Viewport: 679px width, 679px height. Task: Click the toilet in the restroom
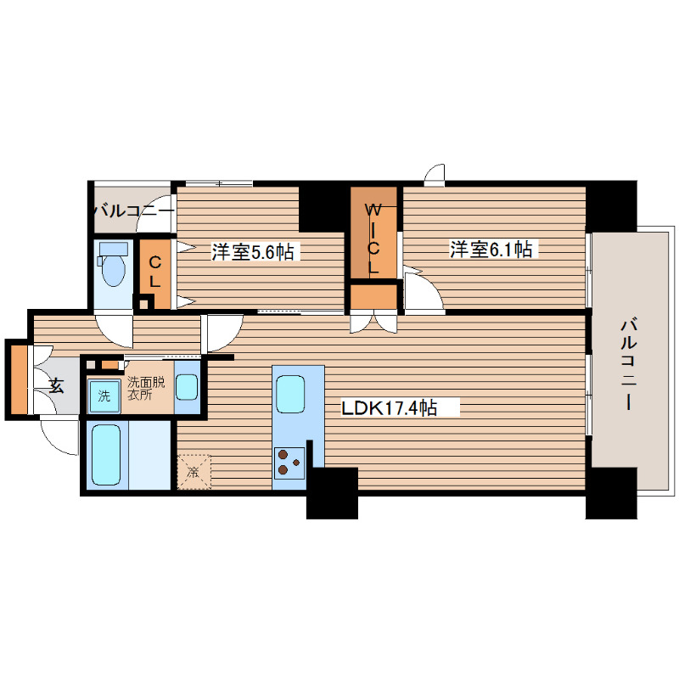114,263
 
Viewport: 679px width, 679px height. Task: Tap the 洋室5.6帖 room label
252,251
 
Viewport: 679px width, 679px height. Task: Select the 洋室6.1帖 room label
491,250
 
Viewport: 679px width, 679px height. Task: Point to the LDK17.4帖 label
390,407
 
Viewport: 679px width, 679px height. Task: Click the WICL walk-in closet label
373,239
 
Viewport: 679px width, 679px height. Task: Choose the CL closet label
155,272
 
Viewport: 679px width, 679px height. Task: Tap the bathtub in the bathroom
106,454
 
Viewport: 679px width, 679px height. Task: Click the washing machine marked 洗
104,396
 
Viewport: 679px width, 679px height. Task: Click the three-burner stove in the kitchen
289,463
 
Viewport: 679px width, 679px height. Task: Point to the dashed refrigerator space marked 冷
194,472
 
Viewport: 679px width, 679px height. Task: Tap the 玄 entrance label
56,385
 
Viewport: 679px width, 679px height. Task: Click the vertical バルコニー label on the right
628,364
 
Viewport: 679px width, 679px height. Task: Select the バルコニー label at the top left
134,211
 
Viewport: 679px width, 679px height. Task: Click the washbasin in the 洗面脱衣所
187,387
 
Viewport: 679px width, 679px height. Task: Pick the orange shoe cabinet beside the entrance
19,379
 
